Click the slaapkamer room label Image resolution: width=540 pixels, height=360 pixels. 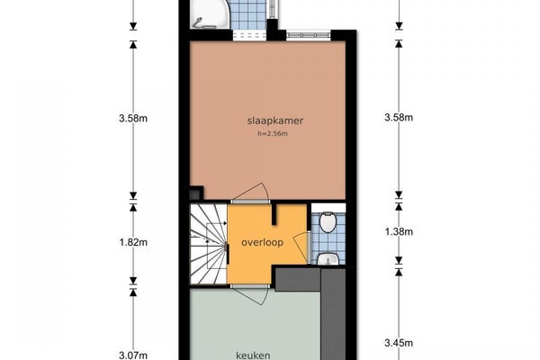pyautogui.click(x=275, y=121)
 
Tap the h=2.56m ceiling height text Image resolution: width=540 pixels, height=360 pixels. pyautogui.click(x=273, y=134)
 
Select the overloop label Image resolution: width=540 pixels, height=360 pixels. pyautogui.click(x=263, y=242)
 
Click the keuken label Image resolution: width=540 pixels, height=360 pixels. pyautogui.click(x=253, y=355)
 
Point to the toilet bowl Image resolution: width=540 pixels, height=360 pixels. pyautogui.click(x=328, y=222)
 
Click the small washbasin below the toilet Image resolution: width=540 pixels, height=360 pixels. pyautogui.click(x=328, y=259)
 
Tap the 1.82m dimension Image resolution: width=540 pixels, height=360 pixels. pyautogui.click(x=133, y=242)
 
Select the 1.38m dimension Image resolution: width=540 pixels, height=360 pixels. pyautogui.click(x=399, y=232)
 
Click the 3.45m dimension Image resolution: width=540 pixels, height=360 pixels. pyautogui.click(x=399, y=343)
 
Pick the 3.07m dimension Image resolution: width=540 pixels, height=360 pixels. pyautogui.click(x=133, y=355)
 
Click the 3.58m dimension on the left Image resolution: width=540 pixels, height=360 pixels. pyautogui.click(x=133, y=119)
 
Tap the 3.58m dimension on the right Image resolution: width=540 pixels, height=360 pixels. pyautogui.click(x=399, y=118)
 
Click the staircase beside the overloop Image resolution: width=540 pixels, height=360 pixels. pyautogui.click(x=209, y=244)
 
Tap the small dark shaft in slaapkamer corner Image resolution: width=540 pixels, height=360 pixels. pyautogui.click(x=196, y=193)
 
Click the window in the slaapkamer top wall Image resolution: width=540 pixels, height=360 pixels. pyautogui.click(x=308, y=35)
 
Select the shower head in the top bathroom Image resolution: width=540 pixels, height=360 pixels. pyautogui.click(x=197, y=22)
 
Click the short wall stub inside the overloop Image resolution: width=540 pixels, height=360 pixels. pyautogui.click(x=274, y=214)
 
